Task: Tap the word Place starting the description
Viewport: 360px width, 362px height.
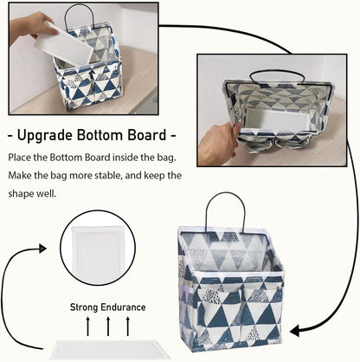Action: [21, 158]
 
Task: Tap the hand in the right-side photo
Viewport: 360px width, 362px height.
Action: [215, 139]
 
